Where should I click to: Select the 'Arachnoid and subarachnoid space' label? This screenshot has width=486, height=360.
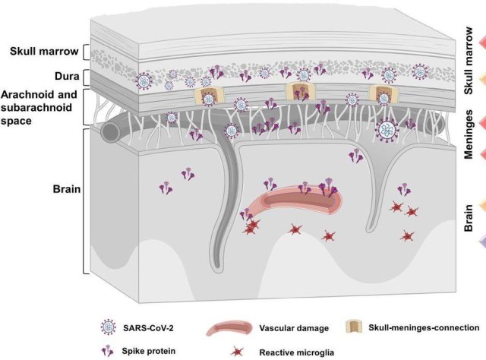point(45,102)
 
